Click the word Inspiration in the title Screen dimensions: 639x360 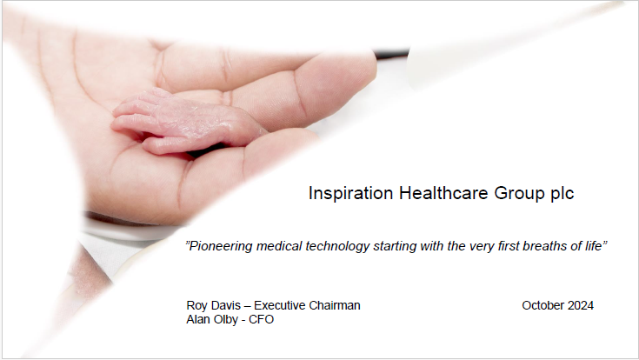(x=350, y=194)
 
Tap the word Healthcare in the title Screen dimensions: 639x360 (x=443, y=193)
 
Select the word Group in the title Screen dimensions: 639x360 (x=519, y=194)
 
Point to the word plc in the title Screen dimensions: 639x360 (x=562, y=194)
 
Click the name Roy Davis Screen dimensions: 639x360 (x=214, y=305)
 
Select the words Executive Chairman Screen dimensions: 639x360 (x=307, y=305)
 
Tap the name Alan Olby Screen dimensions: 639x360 (x=212, y=319)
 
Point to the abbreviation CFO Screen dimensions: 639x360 (x=261, y=319)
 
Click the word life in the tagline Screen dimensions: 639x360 (x=594, y=246)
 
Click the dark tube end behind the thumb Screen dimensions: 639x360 (x=392, y=54)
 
